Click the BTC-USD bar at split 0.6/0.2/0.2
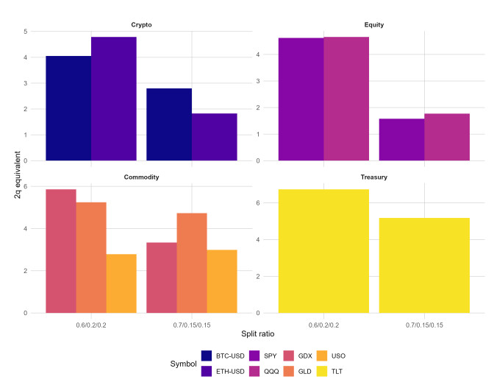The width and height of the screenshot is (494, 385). click(68, 108)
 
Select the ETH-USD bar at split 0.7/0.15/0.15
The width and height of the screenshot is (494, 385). click(215, 137)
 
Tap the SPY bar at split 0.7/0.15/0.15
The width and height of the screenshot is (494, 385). click(401, 139)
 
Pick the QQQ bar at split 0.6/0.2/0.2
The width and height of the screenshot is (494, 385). click(346, 99)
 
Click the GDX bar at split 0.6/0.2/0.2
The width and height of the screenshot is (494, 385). click(61, 251)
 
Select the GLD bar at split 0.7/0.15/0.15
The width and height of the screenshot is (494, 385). click(192, 263)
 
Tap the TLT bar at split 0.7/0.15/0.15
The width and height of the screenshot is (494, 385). click(424, 265)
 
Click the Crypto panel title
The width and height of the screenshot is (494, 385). click(142, 25)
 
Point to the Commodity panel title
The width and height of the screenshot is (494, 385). click(142, 177)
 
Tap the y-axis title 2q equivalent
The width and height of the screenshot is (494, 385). click(16, 171)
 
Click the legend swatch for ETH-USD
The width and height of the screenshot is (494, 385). click(208, 371)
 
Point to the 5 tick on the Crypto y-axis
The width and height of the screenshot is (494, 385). click(26, 32)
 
